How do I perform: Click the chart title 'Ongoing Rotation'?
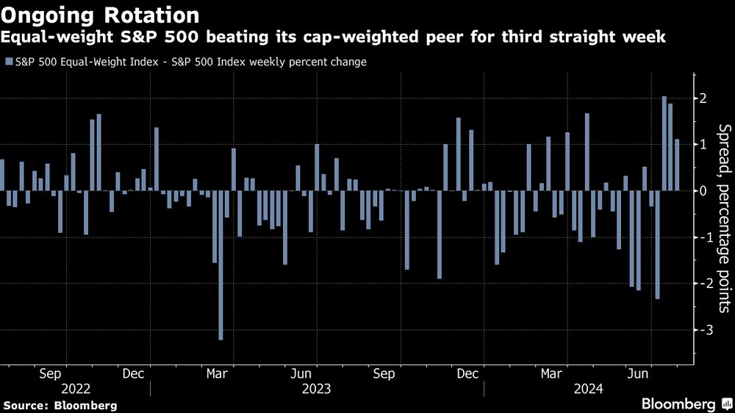(101, 15)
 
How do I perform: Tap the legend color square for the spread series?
(8, 62)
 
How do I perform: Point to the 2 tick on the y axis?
(703, 98)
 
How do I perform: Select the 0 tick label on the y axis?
(703, 191)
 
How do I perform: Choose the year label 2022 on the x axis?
(76, 388)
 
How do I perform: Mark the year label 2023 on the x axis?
(316, 388)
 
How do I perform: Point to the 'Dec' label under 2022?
(133, 373)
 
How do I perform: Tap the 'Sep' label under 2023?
(384, 373)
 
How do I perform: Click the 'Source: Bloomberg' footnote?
(60, 405)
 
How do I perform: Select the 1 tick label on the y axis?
(703, 145)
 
